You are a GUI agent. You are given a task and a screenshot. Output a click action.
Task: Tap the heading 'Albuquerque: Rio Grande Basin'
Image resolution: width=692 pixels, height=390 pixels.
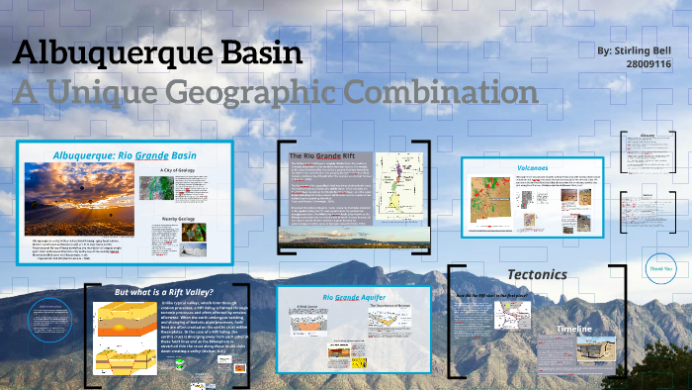(x=124, y=154)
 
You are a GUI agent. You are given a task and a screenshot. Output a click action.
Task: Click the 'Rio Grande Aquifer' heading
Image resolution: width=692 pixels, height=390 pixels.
(x=353, y=296)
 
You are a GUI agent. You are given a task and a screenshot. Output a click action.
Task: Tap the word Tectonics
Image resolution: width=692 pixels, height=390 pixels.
(x=537, y=273)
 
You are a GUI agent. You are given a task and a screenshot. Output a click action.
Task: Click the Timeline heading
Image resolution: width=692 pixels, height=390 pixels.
(x=574, y=329)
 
